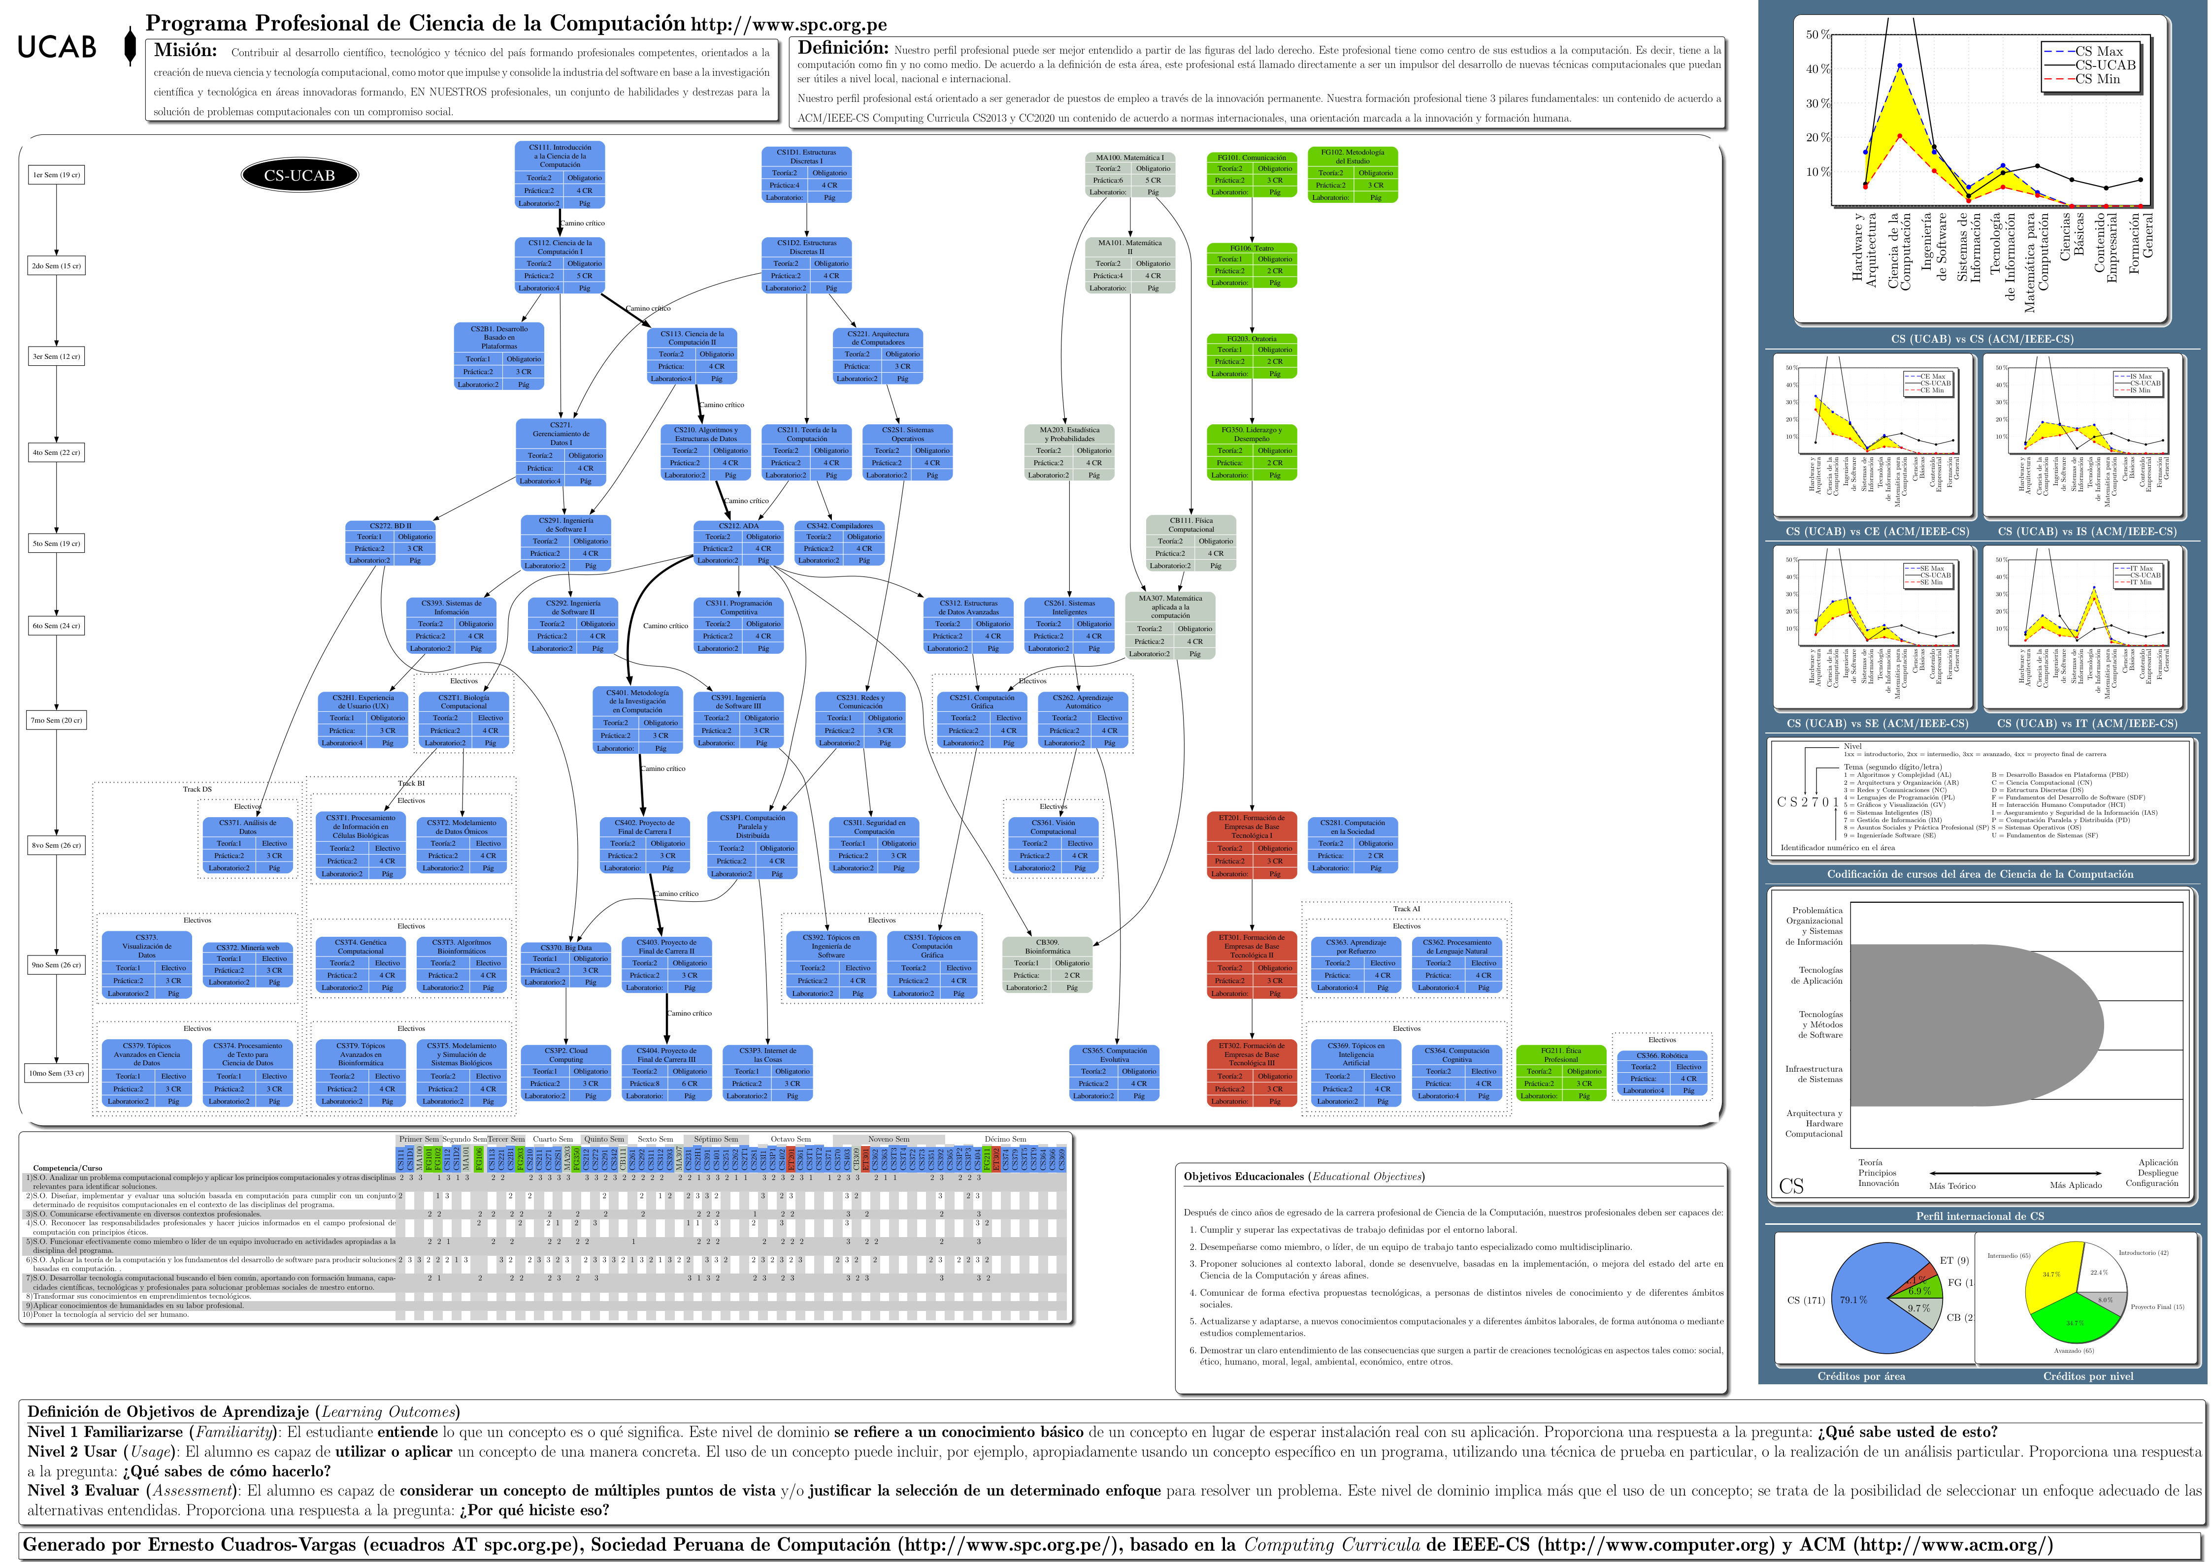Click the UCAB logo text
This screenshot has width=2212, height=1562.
[57, 47]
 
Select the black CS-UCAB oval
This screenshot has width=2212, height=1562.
[299, 175]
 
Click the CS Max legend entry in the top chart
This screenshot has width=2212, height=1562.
[2098, 51]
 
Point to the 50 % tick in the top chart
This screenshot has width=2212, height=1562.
[1817, 34]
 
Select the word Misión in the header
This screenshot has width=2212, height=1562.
[185, 51]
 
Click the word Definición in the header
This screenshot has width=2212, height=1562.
[843, 48]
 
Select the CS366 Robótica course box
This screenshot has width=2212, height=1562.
[1661, 1073]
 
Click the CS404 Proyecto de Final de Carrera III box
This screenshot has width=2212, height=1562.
[666, 1073]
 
